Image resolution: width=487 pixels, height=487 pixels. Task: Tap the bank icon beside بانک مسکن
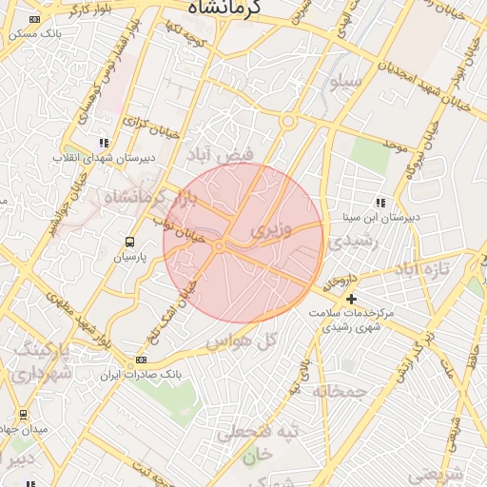click(x=35, y=20)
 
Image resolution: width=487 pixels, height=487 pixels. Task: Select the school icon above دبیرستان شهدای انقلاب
click(x=104, y=143)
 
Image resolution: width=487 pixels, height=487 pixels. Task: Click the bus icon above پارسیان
click(x=129, y=242)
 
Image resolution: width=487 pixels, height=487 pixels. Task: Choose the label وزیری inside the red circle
click(x=267, y=230)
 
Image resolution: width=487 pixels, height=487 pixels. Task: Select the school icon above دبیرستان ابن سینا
click(x=380, y=204)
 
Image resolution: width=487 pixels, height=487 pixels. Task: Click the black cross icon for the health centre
click(x=351, y=300)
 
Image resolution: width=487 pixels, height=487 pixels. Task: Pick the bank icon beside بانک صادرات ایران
click(x=142, y=360)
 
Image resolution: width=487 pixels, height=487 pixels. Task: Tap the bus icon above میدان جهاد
click(x=23, y=414)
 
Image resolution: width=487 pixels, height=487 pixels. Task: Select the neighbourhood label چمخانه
click(x=341, y=390)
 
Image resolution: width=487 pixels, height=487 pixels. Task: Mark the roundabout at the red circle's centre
click(x=219, y=246)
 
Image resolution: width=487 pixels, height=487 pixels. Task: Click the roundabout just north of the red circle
click(x=287, y=121)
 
